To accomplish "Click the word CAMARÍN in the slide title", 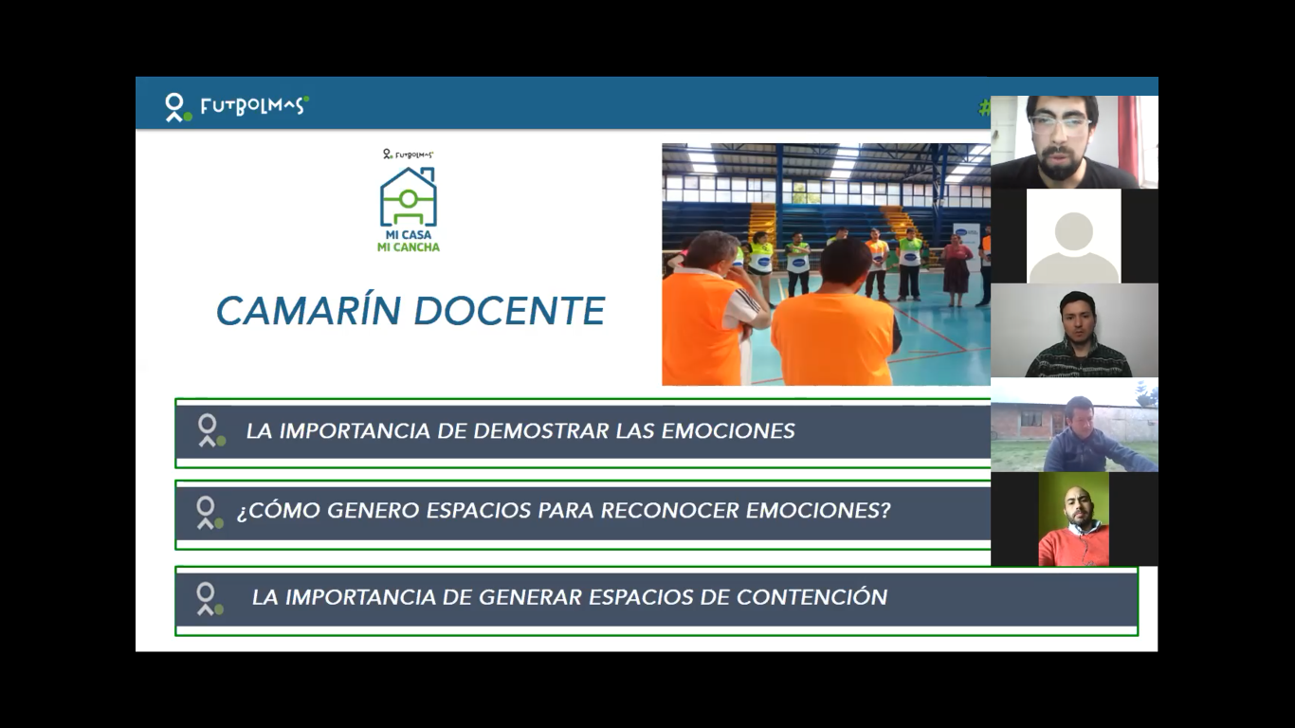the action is [308, 311].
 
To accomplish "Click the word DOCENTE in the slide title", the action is [509, 311].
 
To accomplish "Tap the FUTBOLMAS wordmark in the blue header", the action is [254, 106].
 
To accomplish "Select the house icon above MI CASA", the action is [409, 196].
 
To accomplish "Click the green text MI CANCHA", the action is [409, 247].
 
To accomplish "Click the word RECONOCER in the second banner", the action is [669, 510].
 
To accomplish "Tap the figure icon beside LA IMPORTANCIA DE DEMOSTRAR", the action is [210, 430].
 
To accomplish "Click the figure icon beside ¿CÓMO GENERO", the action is [210, 512].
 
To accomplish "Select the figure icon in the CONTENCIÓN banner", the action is [210, 599].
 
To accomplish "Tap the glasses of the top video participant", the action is [1059, 125].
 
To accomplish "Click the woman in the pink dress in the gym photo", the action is [957, 268].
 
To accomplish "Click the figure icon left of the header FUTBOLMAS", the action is [176, 107].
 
